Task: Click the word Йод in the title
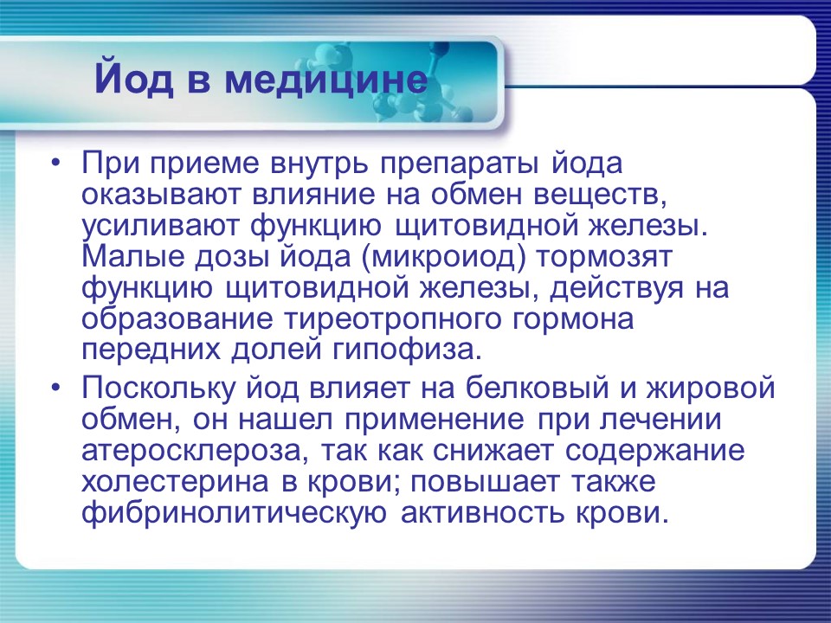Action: pos(133,80)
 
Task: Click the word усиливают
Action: pos(160,226)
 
